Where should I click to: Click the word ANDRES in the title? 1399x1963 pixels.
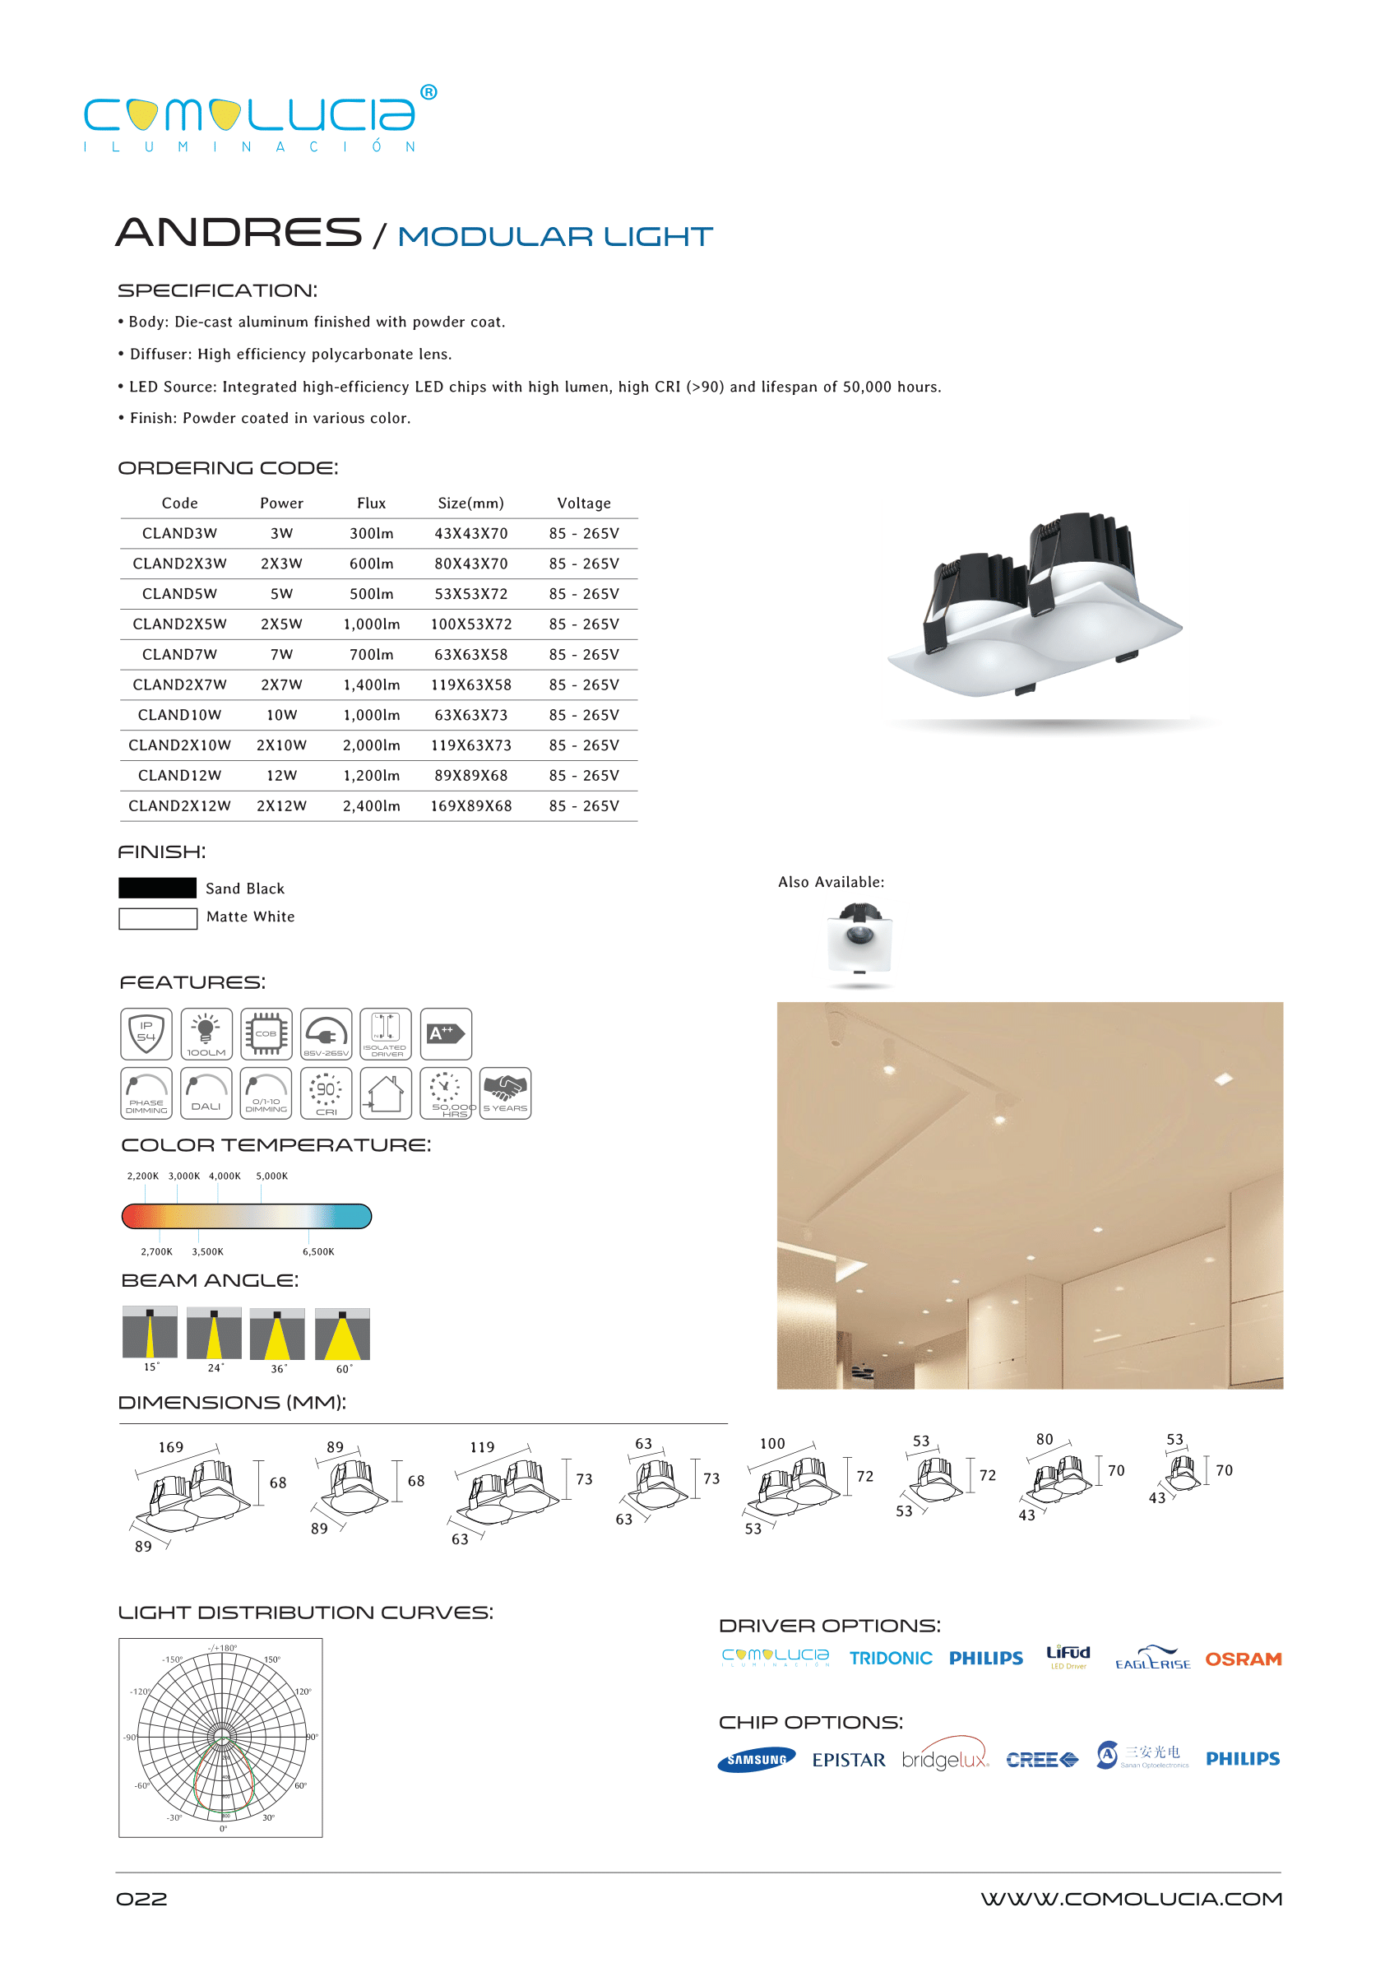[x=239, y=233]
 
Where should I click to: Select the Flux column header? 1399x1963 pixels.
[x=371, y=504]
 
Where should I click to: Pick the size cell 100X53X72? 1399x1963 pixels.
[x=470, y=624]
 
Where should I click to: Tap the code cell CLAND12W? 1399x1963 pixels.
[x=179, y=776]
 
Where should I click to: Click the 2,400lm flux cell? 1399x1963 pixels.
[x=371, y=805]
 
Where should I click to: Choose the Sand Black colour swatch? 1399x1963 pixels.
[x=158, y=888]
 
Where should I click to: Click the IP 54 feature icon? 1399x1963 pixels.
[x=146, y=1033]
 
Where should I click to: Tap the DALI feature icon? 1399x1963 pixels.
[x=206, y=1093]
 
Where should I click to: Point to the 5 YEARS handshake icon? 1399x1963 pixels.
[x=505, y=1093]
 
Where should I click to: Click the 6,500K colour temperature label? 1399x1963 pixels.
[x=317, y=1251]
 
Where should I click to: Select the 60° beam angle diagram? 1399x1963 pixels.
[x=342, y=1334]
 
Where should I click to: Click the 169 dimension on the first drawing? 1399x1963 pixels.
[x=170, y=1447]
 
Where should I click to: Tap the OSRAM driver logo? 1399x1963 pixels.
[x=1242, y=1659]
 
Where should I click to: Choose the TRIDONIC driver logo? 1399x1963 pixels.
[x=890, y=1658]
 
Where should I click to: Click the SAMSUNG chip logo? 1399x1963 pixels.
[x=756, y=1760]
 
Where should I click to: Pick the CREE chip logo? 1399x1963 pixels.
[x=1041, y=1760]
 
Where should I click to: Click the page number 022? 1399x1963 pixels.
[x=141, y=1899]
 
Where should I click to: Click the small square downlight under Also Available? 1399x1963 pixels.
[x=859, y=942]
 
